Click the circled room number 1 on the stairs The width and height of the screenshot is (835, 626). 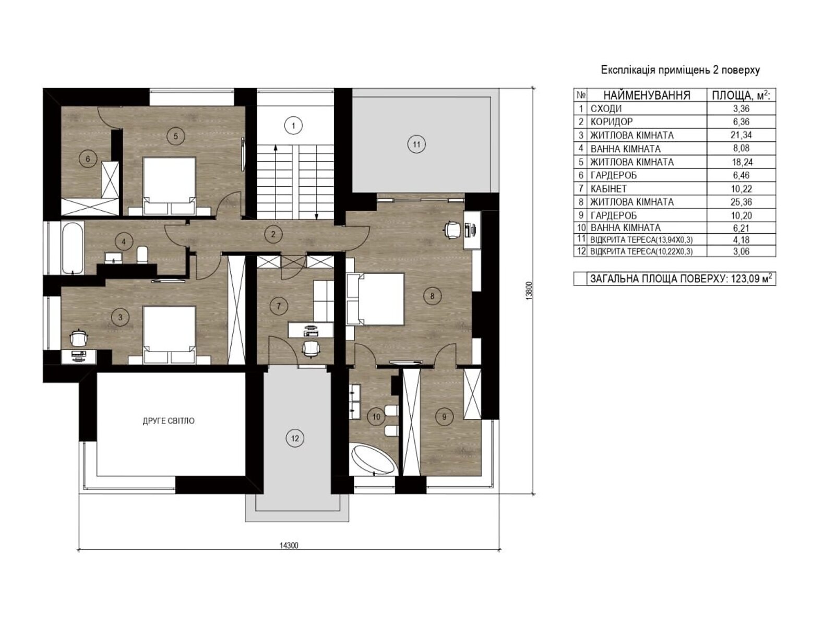coord(293,125)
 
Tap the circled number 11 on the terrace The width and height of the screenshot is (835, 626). coord(416,144)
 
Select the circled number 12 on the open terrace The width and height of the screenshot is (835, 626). coord(295,438)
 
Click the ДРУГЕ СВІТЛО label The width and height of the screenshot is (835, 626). coord(169,421)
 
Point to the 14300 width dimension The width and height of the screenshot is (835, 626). coord(289,546)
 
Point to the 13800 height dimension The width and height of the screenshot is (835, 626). coord(529,291)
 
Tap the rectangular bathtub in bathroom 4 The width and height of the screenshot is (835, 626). coord(72,248)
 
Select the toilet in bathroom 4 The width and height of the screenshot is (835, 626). coord(142,255)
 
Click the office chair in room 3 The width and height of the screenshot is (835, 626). coord(79,338)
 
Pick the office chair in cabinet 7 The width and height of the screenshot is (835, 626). coord(310,348)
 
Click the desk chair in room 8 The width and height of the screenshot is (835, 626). coord(452,231)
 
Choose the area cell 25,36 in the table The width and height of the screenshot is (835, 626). coord(741,202)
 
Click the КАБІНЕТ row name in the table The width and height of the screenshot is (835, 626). coord(609,188)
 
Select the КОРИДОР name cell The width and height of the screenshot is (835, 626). coord(611,122)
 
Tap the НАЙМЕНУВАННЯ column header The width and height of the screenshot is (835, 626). coord(647,95)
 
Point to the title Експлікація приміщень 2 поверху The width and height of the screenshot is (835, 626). coord(680,70)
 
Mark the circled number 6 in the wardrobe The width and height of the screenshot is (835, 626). coord(88,159)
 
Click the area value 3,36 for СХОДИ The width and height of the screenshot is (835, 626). coord(741,109)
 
